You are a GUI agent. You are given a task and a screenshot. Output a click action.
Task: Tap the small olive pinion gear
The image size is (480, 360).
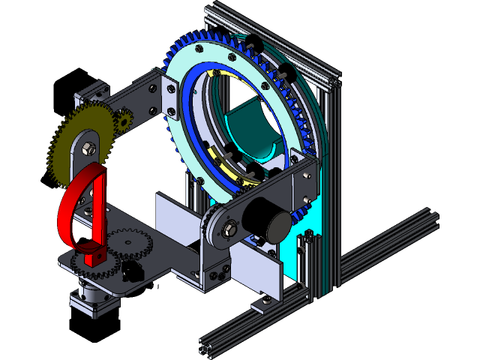(123, 120)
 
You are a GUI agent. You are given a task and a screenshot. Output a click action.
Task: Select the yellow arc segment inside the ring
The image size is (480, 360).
(224, 165)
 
